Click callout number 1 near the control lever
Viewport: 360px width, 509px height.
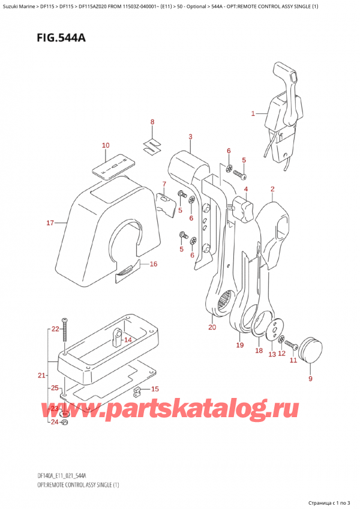pos(253,113)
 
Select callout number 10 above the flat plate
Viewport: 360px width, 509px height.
pos(106,145)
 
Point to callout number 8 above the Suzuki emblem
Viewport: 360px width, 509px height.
pos(152,122)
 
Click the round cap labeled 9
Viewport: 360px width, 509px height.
pos(310,351)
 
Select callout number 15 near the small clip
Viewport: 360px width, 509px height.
pos(154,389)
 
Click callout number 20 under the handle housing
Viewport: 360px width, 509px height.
pos(211,327)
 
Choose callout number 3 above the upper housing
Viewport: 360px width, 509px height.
pos(190,137)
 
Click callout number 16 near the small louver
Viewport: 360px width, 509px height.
pos(153,264)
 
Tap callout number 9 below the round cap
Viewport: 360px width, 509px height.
pos(310,378)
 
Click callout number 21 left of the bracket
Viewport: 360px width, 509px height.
pos(41,376)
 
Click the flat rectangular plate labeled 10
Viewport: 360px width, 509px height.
pos(113,163)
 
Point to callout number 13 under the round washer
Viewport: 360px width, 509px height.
pos(272,354)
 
